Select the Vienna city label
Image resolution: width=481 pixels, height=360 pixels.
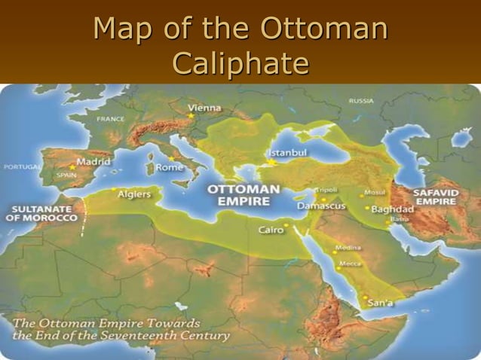(x=205, y=108)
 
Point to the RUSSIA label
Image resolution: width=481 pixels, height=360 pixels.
(x=361, y=101)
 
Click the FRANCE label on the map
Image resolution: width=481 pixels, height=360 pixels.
(x=110, y=118)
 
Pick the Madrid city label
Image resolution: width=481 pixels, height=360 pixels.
(x=93, y=162)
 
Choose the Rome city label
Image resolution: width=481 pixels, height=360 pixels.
(x=169, y=167)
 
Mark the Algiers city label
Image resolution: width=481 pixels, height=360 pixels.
(x=134, y=194)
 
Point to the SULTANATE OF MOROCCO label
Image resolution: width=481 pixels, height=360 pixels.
(x=43, y=213)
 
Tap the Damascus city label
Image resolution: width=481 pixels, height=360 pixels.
(x=320, y=205)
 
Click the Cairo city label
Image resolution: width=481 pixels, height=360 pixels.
(x=271, y=230)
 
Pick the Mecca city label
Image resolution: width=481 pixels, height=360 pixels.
(x=350, y=264)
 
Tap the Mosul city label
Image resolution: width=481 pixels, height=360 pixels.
(x=375, y=192)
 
